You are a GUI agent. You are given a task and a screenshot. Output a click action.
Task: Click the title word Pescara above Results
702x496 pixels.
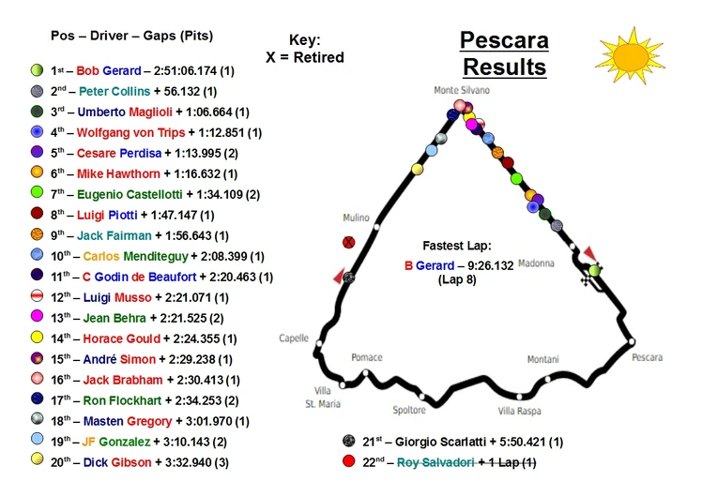504,41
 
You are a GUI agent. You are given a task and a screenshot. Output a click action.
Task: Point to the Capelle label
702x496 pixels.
295,338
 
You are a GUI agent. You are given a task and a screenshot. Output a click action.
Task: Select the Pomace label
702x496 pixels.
366,357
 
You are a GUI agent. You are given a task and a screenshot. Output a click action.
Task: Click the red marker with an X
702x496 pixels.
349,242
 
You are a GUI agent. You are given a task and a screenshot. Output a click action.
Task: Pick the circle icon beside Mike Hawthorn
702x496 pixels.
37,173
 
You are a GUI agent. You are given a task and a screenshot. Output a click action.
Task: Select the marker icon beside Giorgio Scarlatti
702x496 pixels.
348,442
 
